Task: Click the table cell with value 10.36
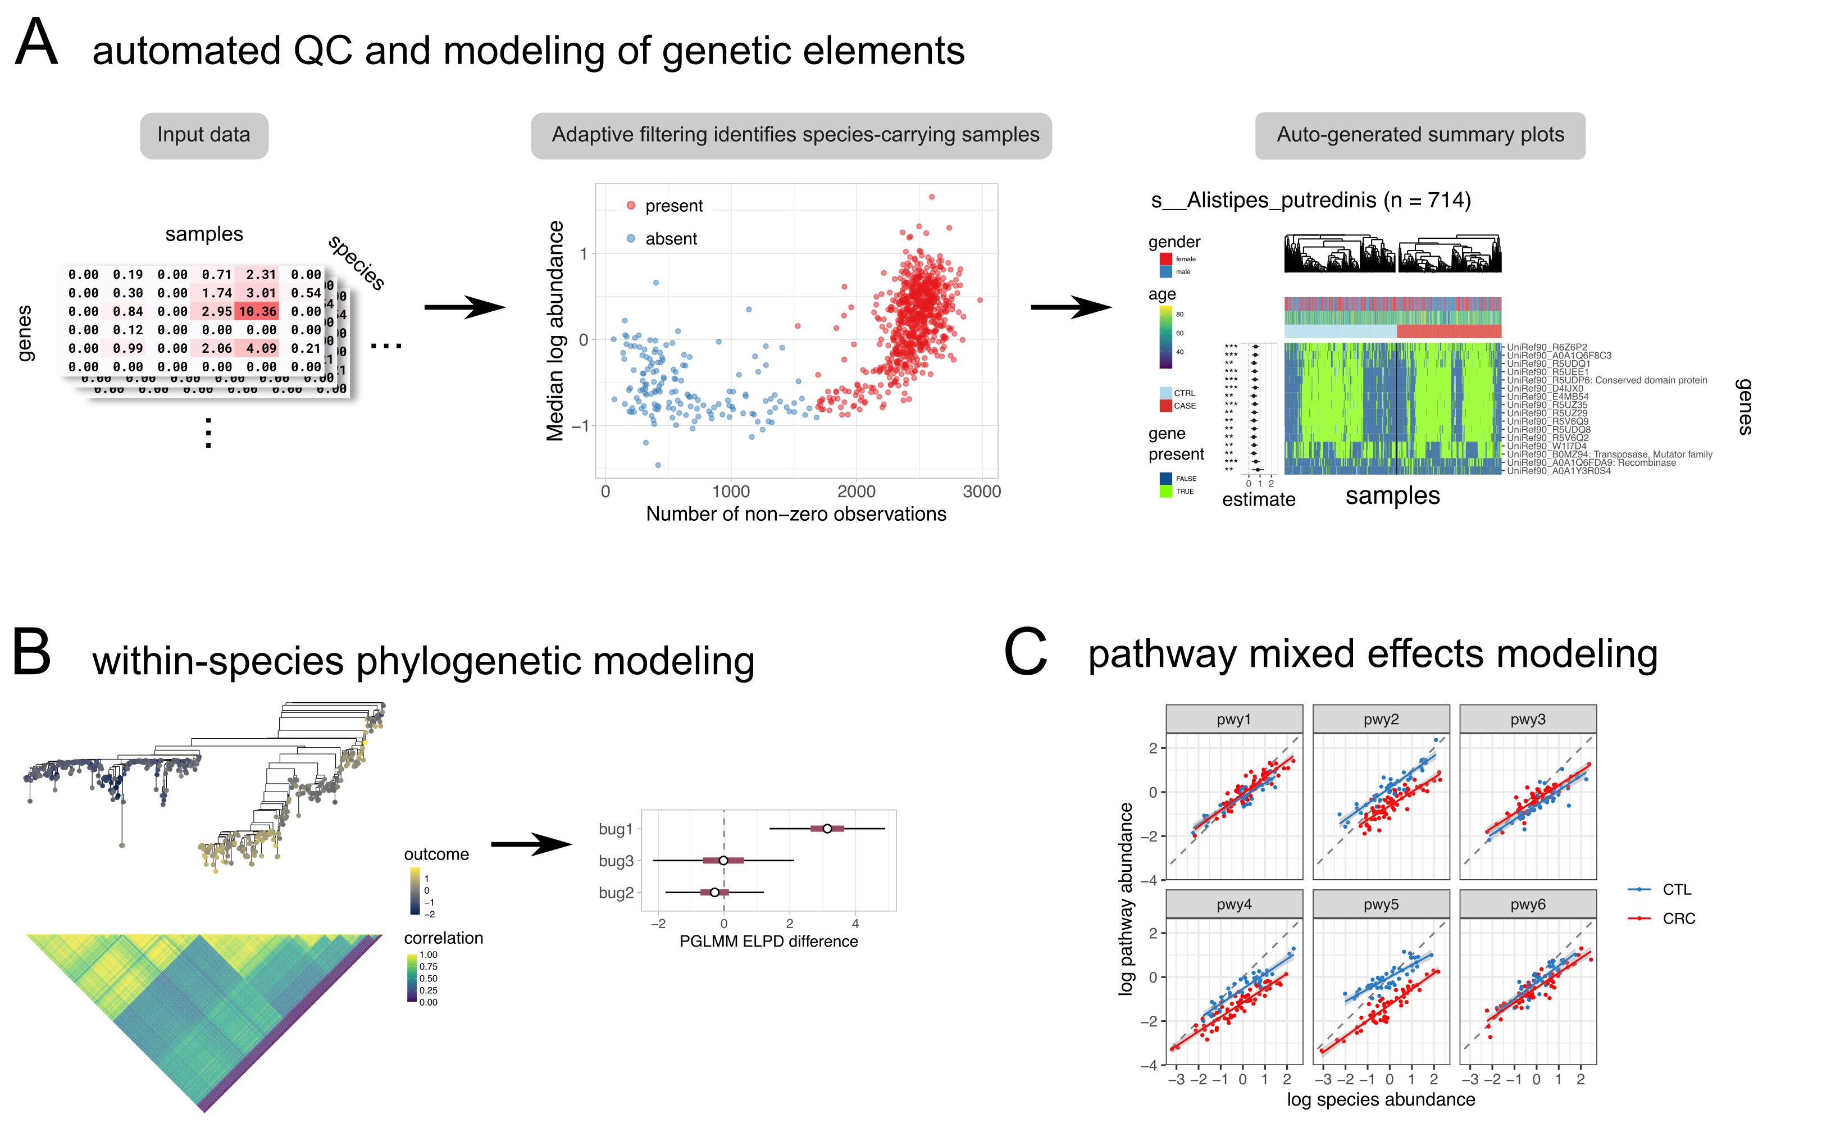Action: (x=257, y=311)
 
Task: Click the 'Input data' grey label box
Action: (x=204, y=135)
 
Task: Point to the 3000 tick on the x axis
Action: (x=982, y=492)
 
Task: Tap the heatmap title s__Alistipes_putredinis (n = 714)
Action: (x=1310, y=200)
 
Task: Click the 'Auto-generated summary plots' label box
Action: (x=1419, y=135)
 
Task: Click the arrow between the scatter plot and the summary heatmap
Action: (x=1071, y=307)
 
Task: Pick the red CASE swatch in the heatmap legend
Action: (x=1165, y=406)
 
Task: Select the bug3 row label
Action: (x=616, y=861)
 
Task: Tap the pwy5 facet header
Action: (x=1381, y=904)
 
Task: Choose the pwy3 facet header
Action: (x=1528, y=719)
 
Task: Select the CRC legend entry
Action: (x=1678, y=919)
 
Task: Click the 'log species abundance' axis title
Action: (x=1381, y=1099)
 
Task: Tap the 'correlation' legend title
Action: (x=443, y=938)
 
